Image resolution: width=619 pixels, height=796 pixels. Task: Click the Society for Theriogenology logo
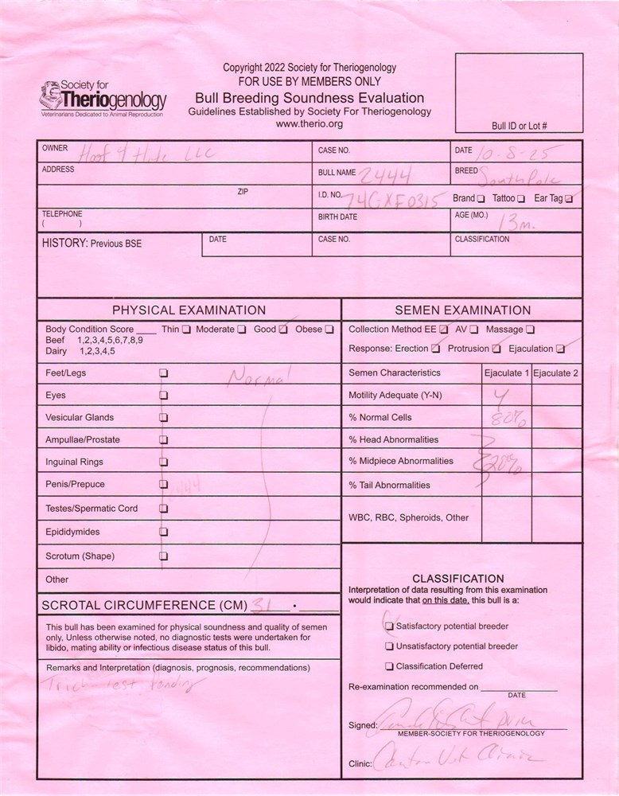(101, 99)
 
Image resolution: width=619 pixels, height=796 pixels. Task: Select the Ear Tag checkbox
(568, 198)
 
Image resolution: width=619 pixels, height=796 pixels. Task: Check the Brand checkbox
(481, 198)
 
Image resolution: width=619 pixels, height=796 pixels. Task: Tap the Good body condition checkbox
(282, 330)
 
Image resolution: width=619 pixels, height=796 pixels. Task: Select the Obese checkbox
(329, 330)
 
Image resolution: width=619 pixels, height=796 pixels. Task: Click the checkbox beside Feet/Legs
(164, 373)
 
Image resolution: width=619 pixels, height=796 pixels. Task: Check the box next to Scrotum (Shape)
(164, 556)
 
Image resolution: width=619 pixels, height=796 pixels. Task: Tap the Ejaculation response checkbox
(561, 349)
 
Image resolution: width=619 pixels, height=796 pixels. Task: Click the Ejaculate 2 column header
(556, 373)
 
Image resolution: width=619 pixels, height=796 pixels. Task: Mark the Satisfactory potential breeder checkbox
(389, 626)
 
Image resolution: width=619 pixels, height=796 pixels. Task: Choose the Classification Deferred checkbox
(389, 666)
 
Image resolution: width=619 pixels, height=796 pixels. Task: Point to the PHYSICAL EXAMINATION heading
(189, 310)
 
